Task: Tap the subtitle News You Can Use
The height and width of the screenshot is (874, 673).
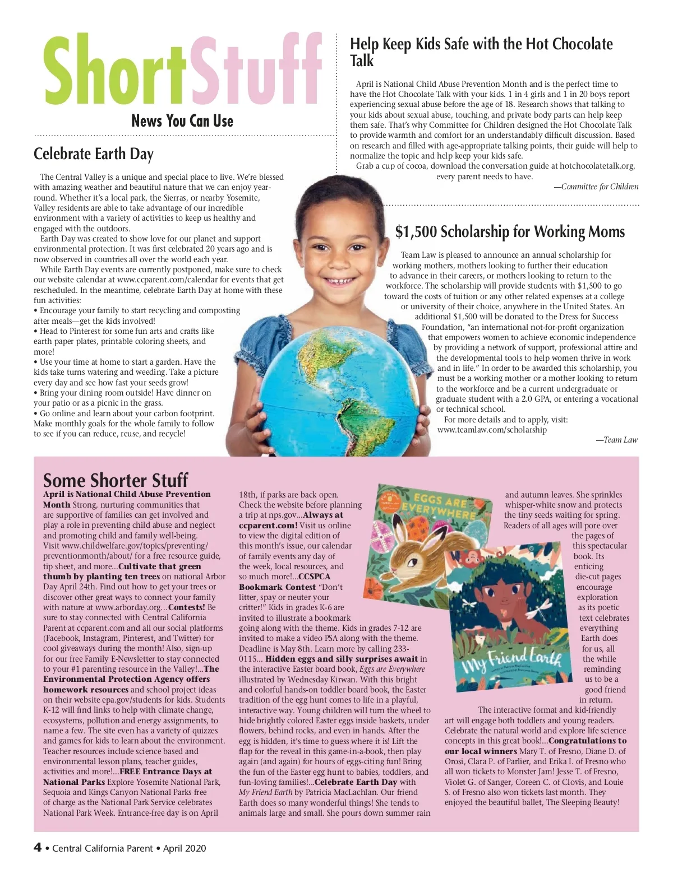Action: coord(182,120)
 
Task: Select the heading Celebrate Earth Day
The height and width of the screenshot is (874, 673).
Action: coord(93,154)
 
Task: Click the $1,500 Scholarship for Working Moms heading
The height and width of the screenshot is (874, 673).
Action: coord(510,232)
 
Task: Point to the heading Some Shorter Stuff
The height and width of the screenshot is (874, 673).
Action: coord(116,480)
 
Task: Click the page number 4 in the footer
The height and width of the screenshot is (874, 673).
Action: coord(38,848)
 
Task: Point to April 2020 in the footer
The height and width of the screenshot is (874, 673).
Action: coord(185,848)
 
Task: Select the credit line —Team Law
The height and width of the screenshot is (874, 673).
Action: coord(616,440)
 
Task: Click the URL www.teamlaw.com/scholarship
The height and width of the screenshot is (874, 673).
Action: coord(492,430)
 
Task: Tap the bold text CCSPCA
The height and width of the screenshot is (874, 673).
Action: coord(314,577)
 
